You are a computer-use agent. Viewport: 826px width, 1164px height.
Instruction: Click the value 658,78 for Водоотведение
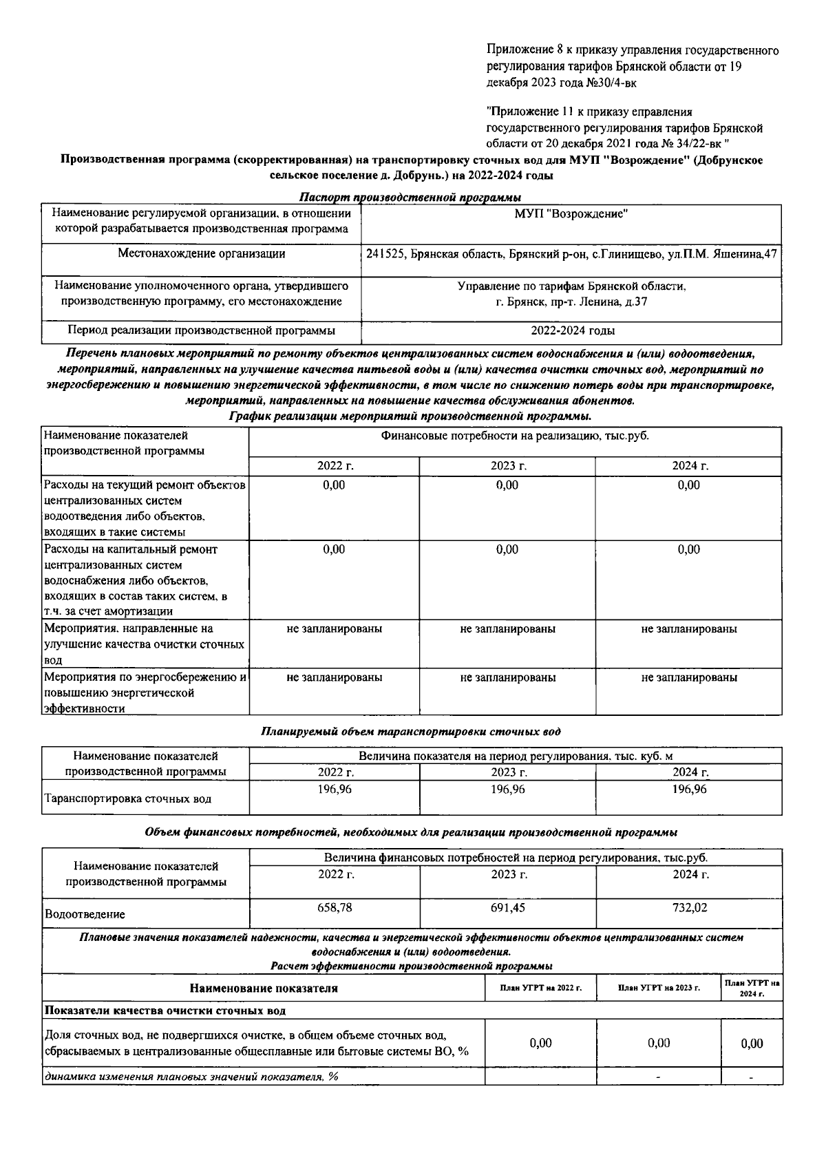335,908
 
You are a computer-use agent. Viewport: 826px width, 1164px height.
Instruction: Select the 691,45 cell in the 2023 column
508,908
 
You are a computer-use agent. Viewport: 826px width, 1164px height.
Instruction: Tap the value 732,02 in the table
690,908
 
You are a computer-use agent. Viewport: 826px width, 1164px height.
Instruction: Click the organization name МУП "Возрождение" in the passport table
571,214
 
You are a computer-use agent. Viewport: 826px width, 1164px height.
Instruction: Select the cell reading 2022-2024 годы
573,330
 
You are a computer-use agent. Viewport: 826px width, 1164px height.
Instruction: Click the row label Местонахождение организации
201,253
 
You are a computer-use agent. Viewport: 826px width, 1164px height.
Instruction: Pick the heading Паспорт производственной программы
410,198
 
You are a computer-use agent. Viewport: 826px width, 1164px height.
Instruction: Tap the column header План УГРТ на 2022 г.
541,988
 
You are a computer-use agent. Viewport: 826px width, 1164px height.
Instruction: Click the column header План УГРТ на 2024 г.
752,988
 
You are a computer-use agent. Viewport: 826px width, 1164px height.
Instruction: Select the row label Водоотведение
85,915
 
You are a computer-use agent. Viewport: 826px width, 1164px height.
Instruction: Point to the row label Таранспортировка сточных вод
127,799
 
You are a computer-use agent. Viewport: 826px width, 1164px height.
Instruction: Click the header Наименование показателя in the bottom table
264,988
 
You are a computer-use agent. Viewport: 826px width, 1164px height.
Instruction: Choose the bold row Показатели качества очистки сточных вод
165,1010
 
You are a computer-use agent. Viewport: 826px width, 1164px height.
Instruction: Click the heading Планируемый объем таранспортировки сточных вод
411,732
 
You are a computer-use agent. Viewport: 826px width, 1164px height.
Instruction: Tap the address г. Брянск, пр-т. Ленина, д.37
571,301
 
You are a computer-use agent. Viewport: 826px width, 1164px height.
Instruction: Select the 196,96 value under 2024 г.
690,790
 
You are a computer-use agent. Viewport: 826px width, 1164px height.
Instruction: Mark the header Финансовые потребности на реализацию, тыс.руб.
515,436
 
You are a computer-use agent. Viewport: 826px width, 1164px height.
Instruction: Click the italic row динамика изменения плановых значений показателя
191,1077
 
